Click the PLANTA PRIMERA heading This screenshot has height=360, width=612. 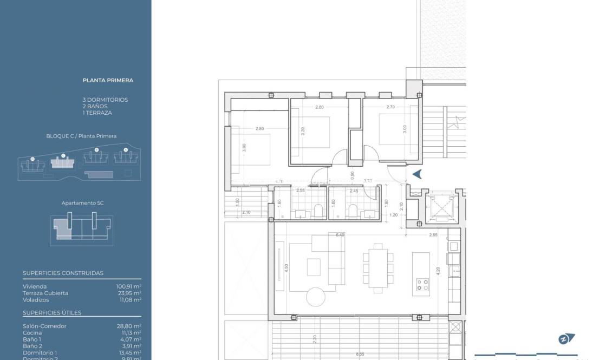pos(108,80)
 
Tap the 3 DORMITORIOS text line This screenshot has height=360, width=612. pos(105,100)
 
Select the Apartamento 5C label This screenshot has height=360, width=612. pos(82,203)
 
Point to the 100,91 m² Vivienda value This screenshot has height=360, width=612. pos(129,286)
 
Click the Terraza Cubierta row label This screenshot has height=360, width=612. pos(45,293)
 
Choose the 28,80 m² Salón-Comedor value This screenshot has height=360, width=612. pos(129,326)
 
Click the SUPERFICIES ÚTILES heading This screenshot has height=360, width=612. pos(52,313)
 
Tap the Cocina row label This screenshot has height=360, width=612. pos(32,333)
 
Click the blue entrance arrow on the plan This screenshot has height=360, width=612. pos(417,174)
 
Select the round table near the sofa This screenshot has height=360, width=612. pos(315,296)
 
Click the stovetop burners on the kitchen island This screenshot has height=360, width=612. pos(422,285)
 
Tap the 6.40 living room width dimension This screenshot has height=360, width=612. pos(340,235)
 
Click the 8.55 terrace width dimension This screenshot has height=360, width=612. pos(360,355)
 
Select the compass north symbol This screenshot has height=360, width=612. pos(566,339)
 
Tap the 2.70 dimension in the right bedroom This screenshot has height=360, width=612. pos(390,107)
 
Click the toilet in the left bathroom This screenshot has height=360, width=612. pos(318,211)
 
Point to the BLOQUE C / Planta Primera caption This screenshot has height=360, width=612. pos(81,136)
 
